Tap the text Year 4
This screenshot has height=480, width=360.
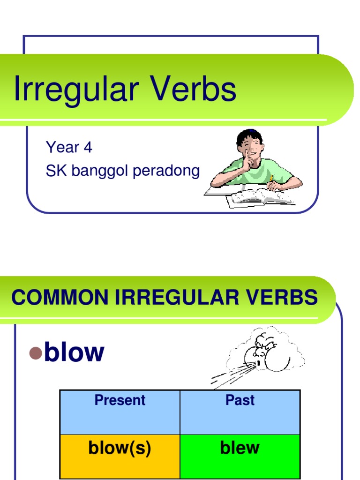pyautogui.click(x=69, y=148)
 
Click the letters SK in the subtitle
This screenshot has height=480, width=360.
pyautogui.click(x=54, y=171)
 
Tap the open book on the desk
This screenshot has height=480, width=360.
pyautogui.click(x=260, y=197)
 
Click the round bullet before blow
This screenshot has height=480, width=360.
pyautogui.click(x=36, y=353)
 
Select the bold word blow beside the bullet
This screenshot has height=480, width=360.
pyautogui.click(x=74, y=352)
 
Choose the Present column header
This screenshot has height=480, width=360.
pyautogui.click(x=120, y=400)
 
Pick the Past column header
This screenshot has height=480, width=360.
pyautogui.click(x=240, y=400)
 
